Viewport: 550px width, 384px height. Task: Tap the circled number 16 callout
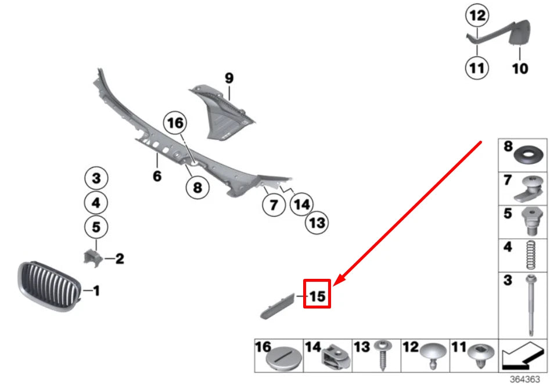[175, 123]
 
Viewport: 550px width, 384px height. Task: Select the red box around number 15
[317, 294]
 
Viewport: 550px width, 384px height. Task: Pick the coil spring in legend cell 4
[531, 255]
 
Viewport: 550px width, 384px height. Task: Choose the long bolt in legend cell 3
[532, 304]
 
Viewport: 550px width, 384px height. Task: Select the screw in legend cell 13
[381, 355]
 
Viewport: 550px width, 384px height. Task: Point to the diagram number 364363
[525, 379]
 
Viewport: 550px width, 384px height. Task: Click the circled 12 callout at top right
[477, 16]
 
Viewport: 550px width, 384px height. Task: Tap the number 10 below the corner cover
[520, 69]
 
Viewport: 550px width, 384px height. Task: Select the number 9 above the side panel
[229, 78]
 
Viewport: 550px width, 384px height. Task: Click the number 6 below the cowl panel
[157, 176]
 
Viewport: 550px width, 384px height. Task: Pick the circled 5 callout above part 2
[96, 227]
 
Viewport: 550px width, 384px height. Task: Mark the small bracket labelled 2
[92, 258]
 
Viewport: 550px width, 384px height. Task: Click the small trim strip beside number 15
[277, 306]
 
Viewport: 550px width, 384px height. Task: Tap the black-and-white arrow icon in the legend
[523, 356]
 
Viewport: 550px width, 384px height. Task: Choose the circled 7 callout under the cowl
[274, 204]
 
